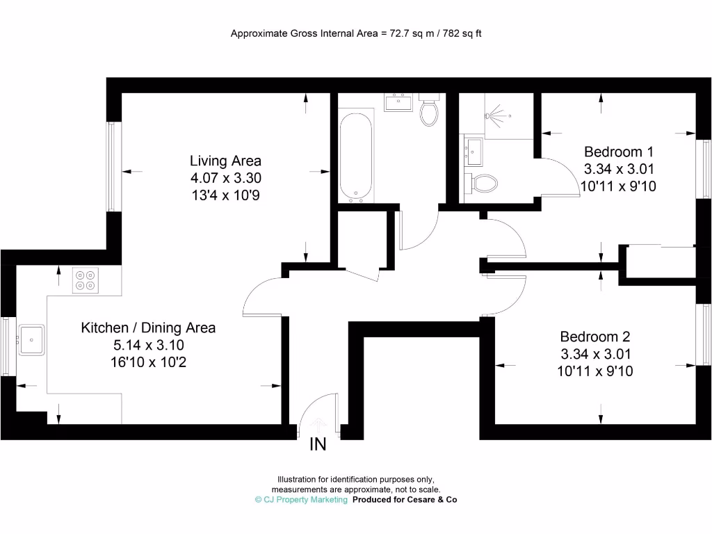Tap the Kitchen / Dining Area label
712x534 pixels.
tap(148, 327)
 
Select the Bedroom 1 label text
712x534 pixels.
tap(619, 152)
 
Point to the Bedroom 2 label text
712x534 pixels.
tap(594, 337)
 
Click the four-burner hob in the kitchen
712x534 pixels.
tap(85, 280)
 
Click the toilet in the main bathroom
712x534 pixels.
tap(428, 111)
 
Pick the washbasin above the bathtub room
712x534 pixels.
tap(398, 103)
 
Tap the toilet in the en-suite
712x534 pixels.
tap(484, 184)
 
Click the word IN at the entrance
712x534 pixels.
tap(318, 444)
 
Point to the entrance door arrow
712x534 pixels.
tap(318, 424)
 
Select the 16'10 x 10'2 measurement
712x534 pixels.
tap(148, 362)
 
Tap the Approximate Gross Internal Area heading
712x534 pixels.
tap(356, 33)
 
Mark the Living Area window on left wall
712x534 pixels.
tap(113, 167)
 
